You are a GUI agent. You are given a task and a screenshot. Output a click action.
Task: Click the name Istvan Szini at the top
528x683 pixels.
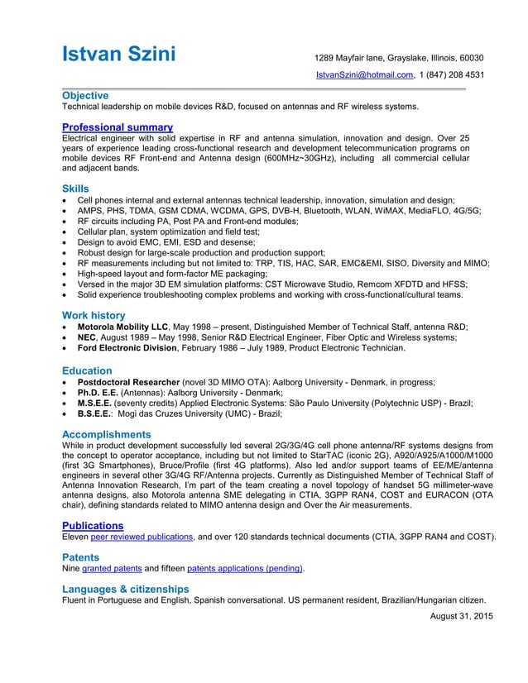131,55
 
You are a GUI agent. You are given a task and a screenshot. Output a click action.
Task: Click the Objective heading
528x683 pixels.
85,96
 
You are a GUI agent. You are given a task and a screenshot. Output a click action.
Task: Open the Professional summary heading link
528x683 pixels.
118,127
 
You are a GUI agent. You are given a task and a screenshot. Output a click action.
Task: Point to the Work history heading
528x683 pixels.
94,315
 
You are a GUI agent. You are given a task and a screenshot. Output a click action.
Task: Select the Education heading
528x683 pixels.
87,370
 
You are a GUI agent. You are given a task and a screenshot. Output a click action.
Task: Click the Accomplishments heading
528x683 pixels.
107,434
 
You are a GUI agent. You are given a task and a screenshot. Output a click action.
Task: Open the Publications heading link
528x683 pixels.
93,525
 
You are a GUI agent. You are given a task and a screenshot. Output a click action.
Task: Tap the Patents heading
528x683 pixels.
80,557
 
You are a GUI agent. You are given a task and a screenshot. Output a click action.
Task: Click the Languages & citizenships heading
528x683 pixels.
126,589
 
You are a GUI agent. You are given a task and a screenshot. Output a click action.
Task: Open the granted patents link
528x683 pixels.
112,569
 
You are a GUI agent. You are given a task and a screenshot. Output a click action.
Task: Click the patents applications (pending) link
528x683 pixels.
245,569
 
